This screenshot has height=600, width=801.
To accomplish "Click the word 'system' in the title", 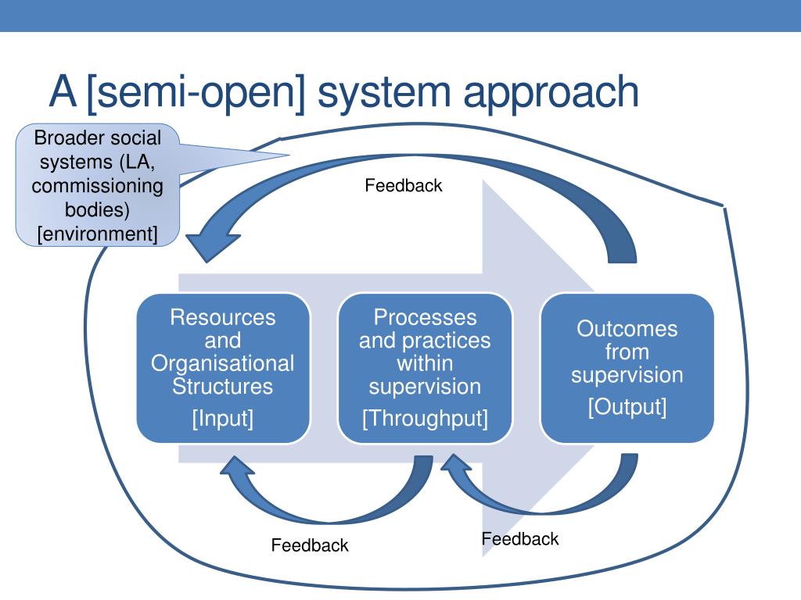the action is pos(383,93).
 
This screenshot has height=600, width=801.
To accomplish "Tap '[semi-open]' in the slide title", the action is pos(196,93).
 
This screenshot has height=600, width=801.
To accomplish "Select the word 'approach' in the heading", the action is pos(551,93).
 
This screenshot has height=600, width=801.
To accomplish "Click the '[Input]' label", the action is pos(223,419).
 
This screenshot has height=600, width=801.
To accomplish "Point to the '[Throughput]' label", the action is pos(425,419).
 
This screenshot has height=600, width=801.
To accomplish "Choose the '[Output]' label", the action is pos(627,407).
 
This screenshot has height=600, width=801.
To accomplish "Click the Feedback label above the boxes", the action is pos(404,185).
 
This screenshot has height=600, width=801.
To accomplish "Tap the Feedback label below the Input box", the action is pos(310,545).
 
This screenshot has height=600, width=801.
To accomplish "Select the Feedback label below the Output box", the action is pos(520,539).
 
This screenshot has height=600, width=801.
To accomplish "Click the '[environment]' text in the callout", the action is pos(98,234).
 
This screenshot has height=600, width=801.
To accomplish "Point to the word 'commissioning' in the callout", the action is pos(98,186).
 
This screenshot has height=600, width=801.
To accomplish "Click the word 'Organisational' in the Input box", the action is pos(223,363).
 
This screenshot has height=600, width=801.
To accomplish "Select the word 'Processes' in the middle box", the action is pos(425,317).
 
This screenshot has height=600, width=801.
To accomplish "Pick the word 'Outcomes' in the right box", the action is pos(627,329).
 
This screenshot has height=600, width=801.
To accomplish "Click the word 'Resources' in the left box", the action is pos(223,317).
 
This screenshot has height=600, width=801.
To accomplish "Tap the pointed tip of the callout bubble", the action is pos(289,155).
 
